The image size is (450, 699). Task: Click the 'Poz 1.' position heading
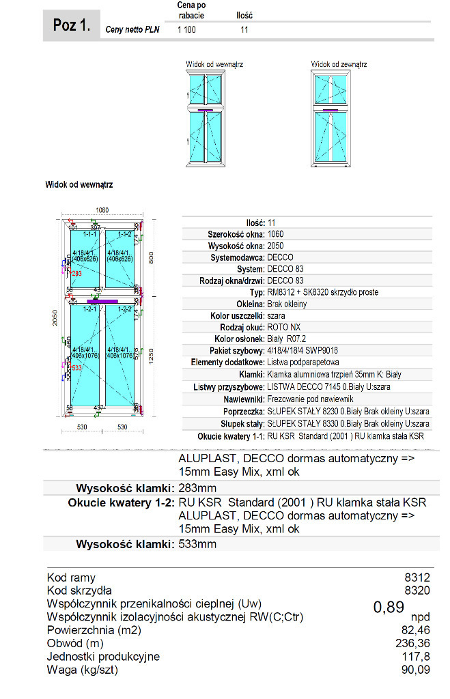(71, 26)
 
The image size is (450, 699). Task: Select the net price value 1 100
(186, 30)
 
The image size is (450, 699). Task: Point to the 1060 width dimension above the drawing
(102, 210)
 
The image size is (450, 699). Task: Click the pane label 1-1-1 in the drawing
(89, 234)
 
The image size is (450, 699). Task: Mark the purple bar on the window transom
(103, 300)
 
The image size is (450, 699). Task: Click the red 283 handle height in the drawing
(76, 273)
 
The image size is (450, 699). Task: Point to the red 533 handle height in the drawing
(76, 368)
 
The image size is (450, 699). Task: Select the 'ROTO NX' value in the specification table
(283, 327)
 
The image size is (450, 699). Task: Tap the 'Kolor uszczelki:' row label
(238, 315)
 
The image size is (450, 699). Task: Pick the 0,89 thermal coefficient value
(389, 607)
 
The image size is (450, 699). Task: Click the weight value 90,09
(416, 670)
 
